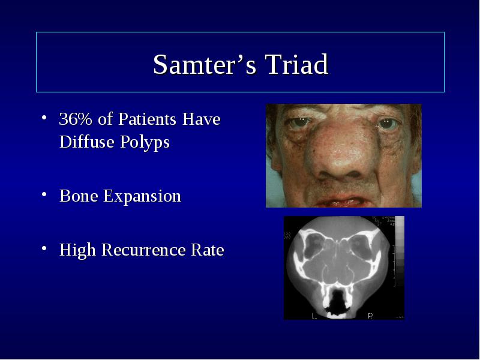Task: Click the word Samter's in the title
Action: (x=205, y=64)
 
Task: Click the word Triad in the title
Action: (x=296, y=64)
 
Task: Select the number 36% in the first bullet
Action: (x=76, y=119)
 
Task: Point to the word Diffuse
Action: (x=86, y=142)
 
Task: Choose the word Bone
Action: (x=79, y=196)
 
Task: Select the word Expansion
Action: (x=142, y=197)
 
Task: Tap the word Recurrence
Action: (x=143, y=250)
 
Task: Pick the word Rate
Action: (x=208, y=250)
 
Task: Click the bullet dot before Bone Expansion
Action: (x=44, y=194)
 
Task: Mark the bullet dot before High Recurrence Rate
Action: (x=44, y=248)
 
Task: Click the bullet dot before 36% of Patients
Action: (x=44, y=117)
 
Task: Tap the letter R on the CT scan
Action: (x=370, y=316)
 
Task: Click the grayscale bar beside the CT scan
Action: (x=399, y=251)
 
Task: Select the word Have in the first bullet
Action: (x=201, y=119)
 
